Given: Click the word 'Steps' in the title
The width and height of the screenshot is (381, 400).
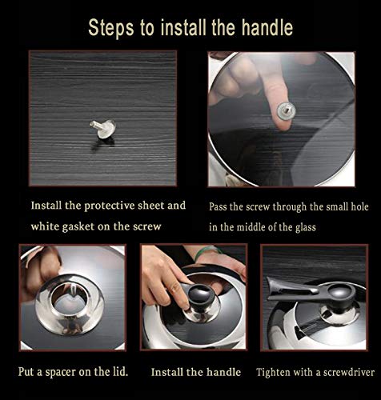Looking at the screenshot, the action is [x=110, y=28].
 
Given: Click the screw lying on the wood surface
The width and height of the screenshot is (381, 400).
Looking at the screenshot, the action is [x=103, y=129].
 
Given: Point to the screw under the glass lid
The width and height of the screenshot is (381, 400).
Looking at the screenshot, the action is [x=287, y=110].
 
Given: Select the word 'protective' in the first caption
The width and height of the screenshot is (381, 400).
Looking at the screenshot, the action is [x=110, y=206].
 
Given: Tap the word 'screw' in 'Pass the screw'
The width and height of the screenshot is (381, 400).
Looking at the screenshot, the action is [x=258, y=207].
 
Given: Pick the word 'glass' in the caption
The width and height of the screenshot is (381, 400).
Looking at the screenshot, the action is [x=305, y=227].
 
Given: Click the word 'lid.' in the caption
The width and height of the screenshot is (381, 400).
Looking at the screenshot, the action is [x=118, y=371].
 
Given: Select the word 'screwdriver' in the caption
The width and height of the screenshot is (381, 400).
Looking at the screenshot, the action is [x=349, y=372].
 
